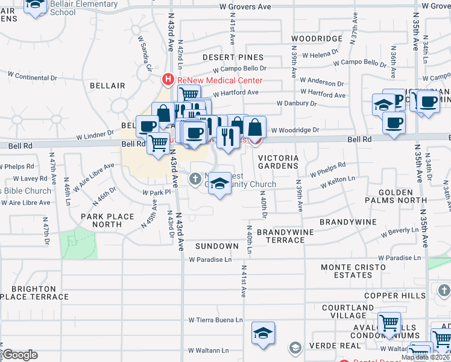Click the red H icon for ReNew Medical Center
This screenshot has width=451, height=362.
pyautogui.click(x=168, y=80)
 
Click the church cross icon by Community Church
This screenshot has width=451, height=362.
pyautogui.click(x=195, y=178)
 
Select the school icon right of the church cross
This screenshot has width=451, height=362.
pyautogui.click(x=220, y=184)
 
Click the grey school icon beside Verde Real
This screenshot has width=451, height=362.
pyautogui.click(x=295, y=348)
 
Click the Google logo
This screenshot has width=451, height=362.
pyautogui.click(x=20, y=354)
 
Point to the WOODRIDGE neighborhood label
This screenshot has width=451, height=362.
pyautogui.click(x=317, y=39)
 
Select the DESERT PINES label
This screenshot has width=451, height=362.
pyautogui.click(x=224, y=57)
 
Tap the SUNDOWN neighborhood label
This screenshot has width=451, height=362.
pyautogui.click(x=217, y=246)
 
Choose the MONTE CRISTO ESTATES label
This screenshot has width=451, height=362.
pyautogui.click(x=346, y=271)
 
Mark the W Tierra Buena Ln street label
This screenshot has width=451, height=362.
pyautogui.click(x=215, y=320)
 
